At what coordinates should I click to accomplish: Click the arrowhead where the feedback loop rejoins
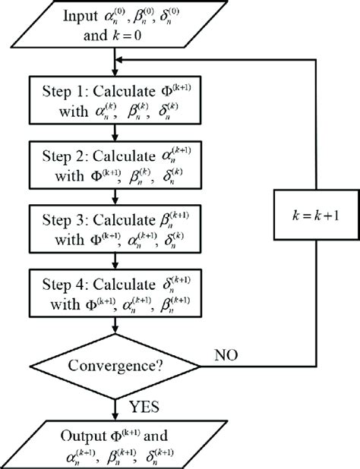click(x=118, y=60)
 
